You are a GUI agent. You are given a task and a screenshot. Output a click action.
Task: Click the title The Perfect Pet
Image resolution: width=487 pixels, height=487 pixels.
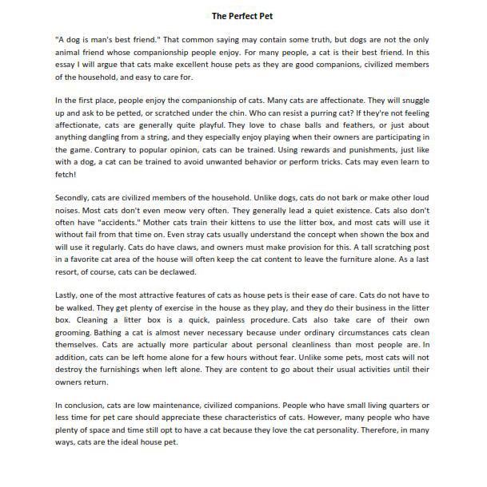tap(243, 15)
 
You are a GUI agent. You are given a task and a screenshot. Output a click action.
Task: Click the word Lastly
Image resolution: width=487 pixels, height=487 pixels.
tap(69, 295)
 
